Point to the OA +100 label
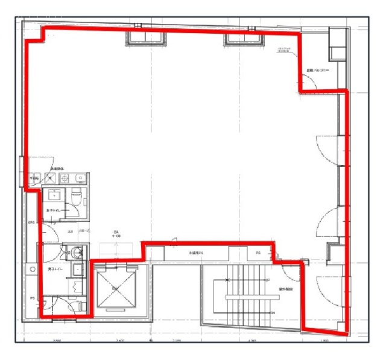click(x=116, y=235)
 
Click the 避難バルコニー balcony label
click(x=317, y=70)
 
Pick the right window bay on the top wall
click(x=244, y=39)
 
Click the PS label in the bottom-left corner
click(x=32, y=297)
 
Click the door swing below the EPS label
click(x=50, y=232)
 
